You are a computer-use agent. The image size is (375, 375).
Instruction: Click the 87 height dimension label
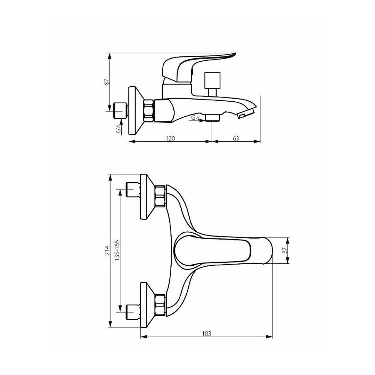[x=107, y=82]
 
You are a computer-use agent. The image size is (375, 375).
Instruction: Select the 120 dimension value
[x=170, y=138]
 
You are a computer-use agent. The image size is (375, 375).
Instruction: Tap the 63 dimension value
[x=236, y=138]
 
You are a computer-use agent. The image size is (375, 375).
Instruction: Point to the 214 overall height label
[x=107, y=250]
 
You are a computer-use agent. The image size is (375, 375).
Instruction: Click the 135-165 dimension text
[x=117, y=250]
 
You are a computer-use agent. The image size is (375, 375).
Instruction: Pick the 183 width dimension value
[x=207, y=333]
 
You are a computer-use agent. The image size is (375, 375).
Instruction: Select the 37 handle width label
[x=284, y=250]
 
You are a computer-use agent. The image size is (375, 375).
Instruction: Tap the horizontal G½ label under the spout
[x=195, y=117]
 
